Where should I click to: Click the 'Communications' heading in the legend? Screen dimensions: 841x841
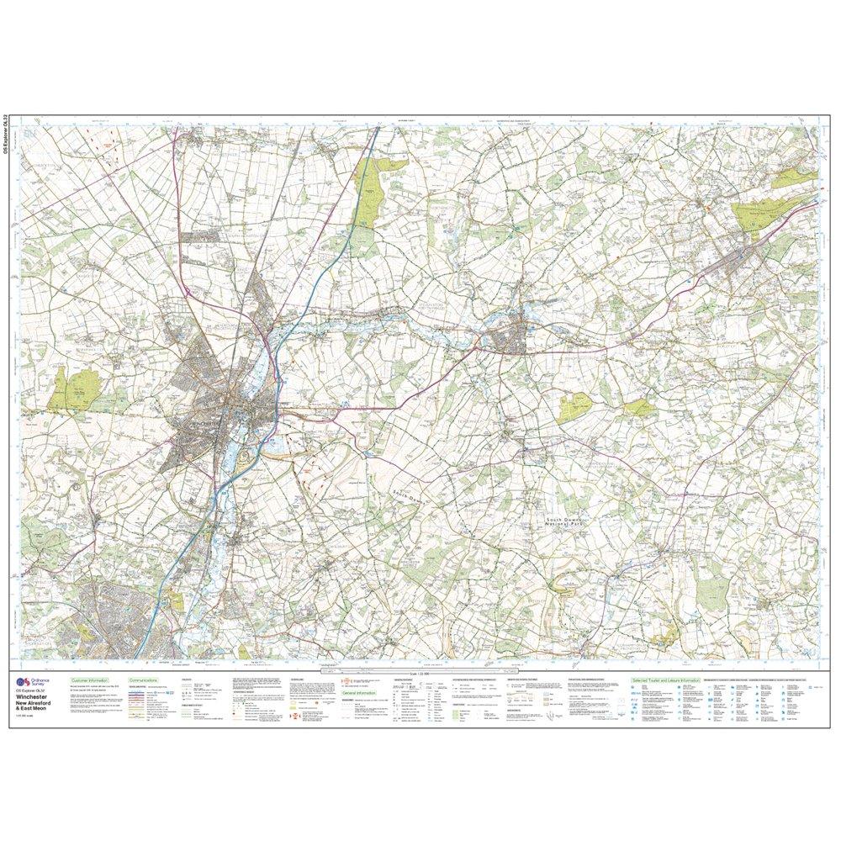tap(144, 679)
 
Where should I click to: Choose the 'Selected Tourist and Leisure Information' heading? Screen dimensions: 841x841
tap(667, 679)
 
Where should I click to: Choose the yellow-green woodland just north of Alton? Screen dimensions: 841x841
tap(761, 214)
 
